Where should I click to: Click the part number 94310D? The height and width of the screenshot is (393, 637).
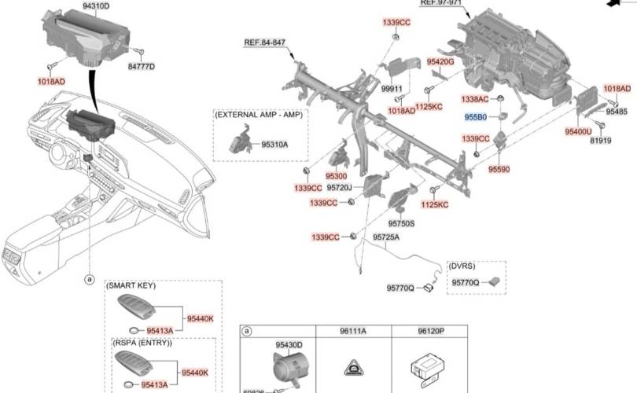click(x=96, y=6)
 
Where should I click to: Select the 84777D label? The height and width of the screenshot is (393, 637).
click(x=142, y=67)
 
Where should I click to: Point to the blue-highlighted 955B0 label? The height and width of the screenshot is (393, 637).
click(x=476, y=117)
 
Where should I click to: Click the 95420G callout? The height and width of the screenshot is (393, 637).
click(x=440, y=61)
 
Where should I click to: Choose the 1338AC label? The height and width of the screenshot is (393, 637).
click(x=475, y=99)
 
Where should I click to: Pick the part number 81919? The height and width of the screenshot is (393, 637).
click(x=600, y=141)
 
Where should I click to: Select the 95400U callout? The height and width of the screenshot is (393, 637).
click(x=578, y=132)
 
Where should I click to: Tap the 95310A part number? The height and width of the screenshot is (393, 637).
click(x=274, y=145)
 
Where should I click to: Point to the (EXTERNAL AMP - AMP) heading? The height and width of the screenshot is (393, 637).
click(x=258, y=115)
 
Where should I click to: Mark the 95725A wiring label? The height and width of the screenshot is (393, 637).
click(x=386, y=237)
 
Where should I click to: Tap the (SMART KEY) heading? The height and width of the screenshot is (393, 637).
click(x=133, y=286)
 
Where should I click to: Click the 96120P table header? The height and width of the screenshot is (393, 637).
click(x=432, y=332)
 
